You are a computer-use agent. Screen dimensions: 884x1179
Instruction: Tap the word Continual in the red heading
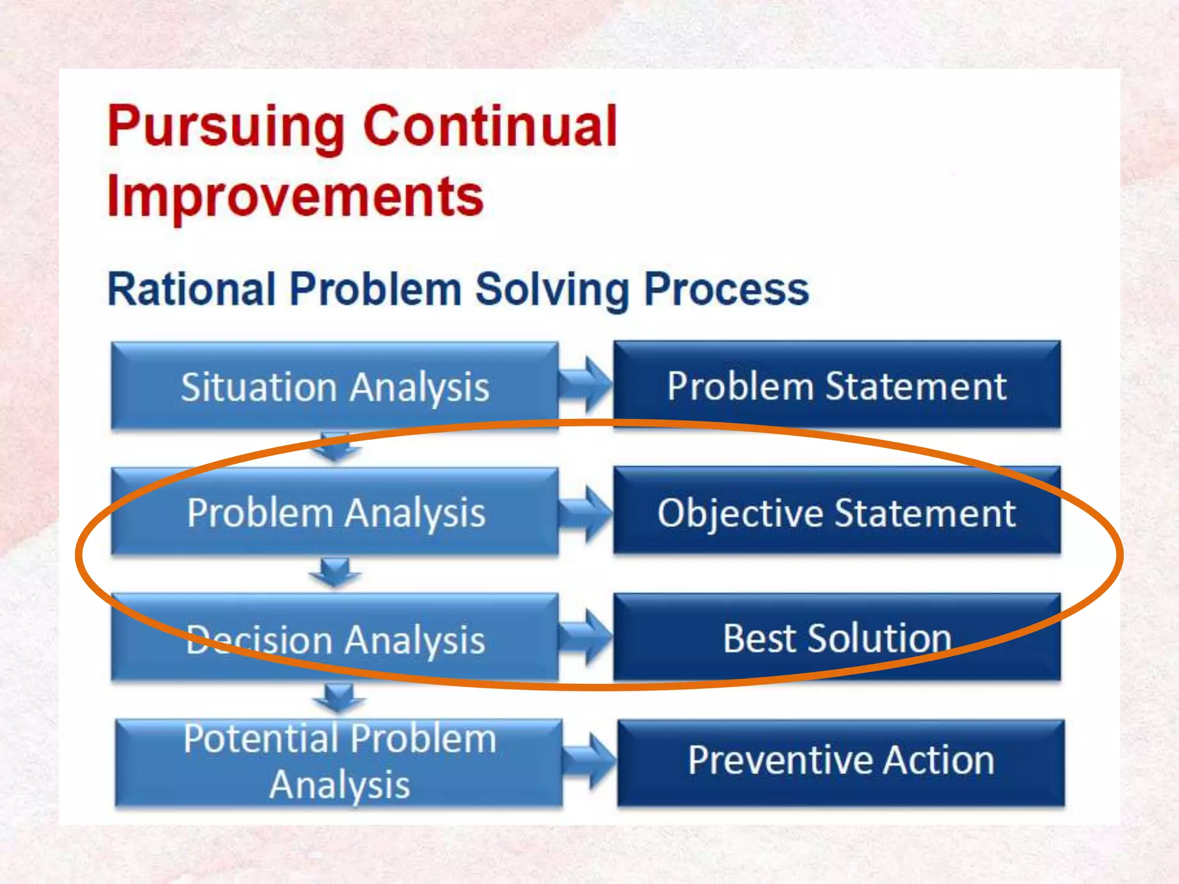click(490, 127)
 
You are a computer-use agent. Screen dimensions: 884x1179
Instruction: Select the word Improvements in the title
click(295, 197)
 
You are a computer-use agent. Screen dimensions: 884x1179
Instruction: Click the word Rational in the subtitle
click(192, 289)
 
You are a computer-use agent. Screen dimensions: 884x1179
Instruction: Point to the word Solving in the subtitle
click(552, 290)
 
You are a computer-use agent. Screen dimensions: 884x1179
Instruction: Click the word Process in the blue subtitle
click(727, 290)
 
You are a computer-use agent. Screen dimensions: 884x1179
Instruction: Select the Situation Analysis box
click(334, 386)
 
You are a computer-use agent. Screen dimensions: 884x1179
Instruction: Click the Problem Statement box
click(836, 385)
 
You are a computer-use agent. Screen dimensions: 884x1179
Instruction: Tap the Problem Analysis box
click(334, 512)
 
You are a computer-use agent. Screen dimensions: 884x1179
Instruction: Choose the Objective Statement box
click(836, 512)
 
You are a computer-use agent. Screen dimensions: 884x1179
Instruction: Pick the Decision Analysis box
click(334, 639)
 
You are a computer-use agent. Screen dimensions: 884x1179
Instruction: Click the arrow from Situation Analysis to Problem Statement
click(585, 384)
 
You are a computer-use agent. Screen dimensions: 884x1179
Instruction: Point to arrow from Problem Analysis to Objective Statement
click(585, 512)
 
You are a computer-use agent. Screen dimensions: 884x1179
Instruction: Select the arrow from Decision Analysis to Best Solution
click(585, 638)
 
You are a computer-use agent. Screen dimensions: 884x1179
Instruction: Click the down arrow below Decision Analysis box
click(339, 698)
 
